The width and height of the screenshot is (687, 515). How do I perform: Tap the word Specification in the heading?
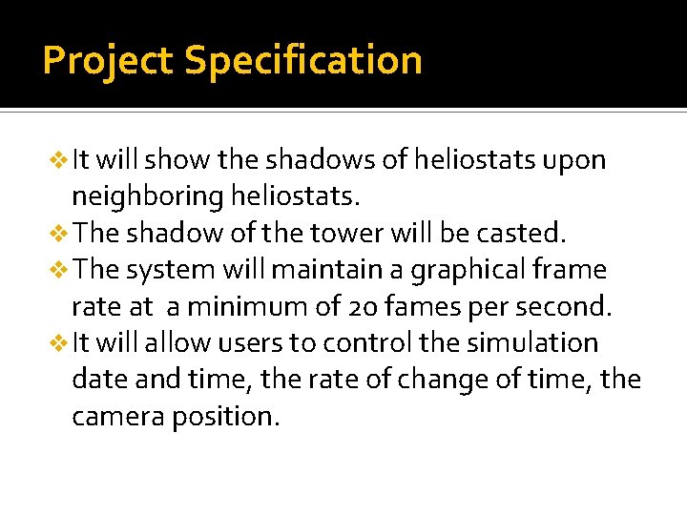point(302,61)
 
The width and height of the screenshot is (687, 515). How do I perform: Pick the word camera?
point(117,417)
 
